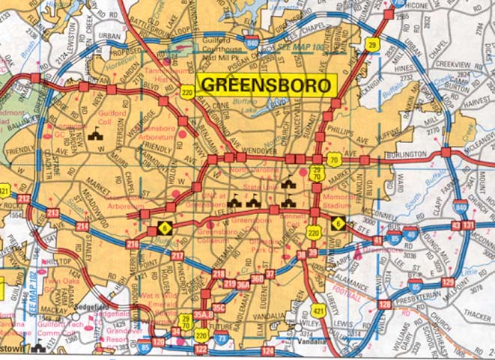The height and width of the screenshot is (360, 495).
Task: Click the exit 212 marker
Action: (x=24, y=199)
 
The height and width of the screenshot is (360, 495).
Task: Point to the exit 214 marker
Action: (x=82, y=225)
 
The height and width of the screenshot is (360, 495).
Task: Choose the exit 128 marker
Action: (x=384, y=304)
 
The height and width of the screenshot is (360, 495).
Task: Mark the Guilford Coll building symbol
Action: (x=95, y=135)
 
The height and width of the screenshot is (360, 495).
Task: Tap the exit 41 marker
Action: (x=377, y=240)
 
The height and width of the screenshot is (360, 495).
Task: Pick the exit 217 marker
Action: (x=177, y=257)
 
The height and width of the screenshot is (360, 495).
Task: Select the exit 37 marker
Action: (x=270, y=274)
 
